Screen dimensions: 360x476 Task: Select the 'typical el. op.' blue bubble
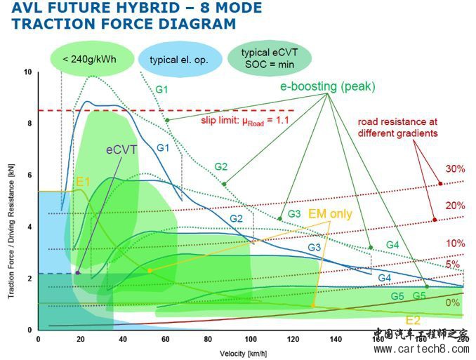coord(178,60)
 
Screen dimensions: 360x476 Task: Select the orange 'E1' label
coord(84,181)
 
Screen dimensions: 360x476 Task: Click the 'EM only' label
coord(331,214)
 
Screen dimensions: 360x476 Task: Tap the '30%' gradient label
coord(455,169)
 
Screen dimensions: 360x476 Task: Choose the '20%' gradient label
coord(455,205)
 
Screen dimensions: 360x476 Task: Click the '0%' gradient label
coord(453,302)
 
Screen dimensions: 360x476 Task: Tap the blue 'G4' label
coord(384,278)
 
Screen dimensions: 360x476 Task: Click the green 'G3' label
coord(294,213)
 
